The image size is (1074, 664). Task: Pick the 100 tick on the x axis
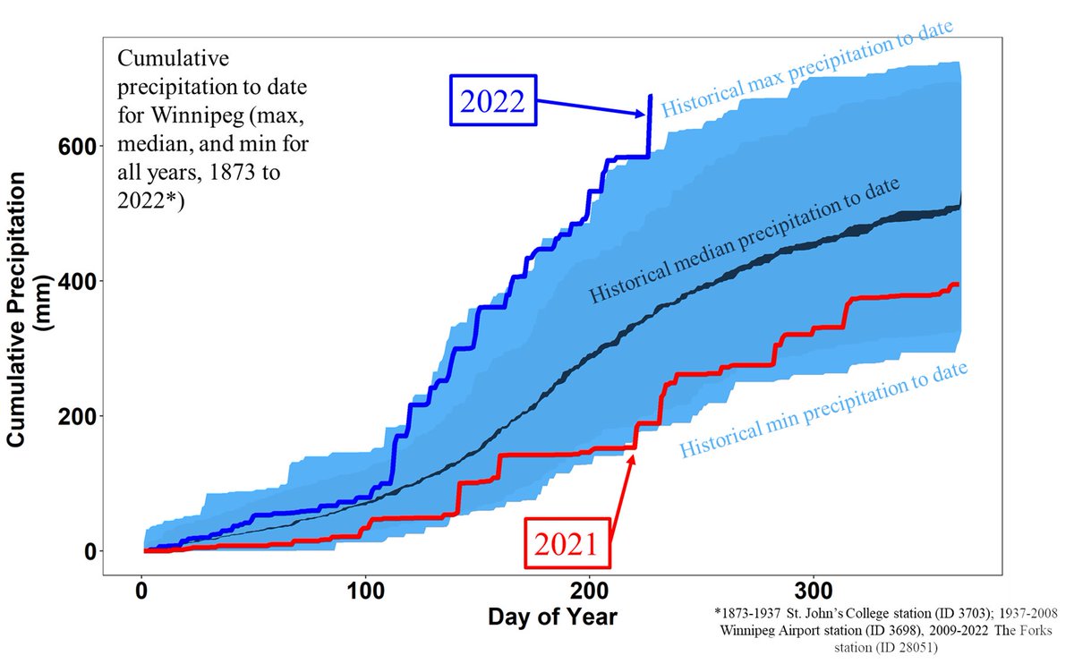pyautogui.click(x=365, y=593)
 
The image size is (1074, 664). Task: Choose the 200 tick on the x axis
pyautogui.click(x=589, y=593)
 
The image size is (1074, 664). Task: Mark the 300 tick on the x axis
pyautogui.click(x=813, y=593)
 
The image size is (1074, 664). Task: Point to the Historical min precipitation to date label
pyautogui.click(x=825, y=410)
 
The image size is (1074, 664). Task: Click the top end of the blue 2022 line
pyautogui.click(x=651, y=96)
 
